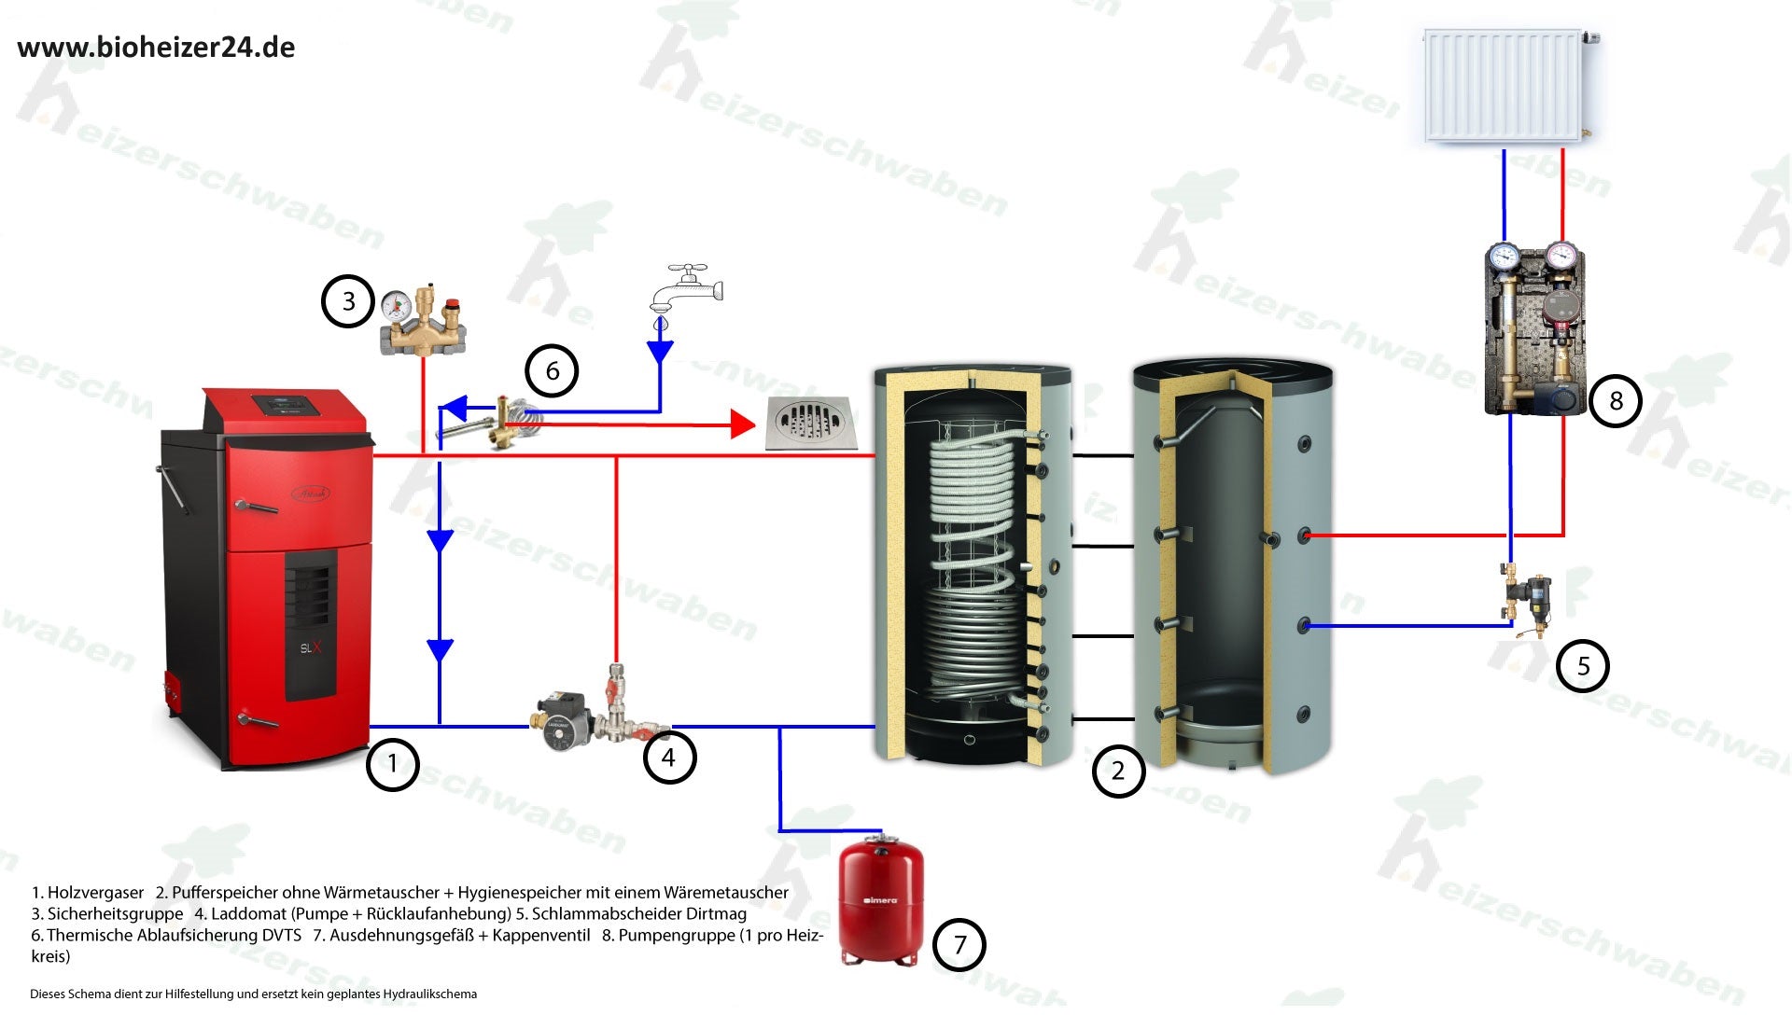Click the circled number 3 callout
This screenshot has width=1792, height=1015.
pos(348,301)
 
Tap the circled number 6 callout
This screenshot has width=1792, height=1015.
pos(552,371)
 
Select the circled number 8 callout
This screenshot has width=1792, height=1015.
pos(1616,401)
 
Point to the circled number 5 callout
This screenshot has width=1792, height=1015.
pos(1583,666)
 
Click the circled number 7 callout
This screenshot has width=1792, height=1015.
pos(959,945)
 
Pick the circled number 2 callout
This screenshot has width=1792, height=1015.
pos(1118,772)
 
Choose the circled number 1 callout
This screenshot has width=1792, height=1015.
pos(393,764)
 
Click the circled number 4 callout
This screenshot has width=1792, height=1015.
pos(668,758)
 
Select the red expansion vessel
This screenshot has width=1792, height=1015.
pos(881,900)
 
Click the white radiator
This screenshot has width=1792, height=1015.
pos(1505,86)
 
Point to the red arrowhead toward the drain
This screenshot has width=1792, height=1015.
pos(742,424)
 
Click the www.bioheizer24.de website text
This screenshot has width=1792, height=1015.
pos(156,48)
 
